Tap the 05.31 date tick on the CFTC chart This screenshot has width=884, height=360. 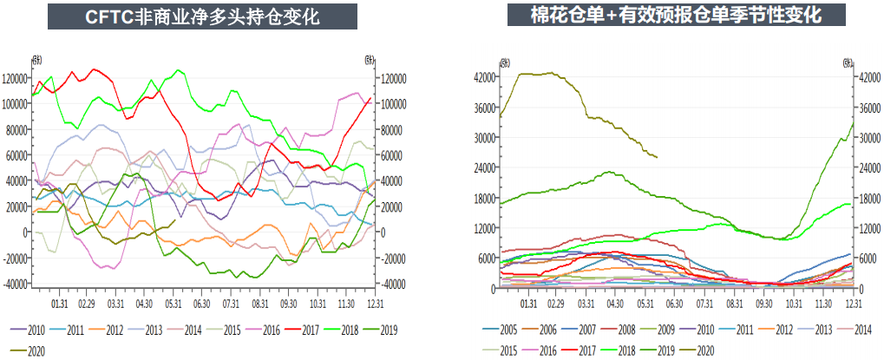click(x=174, y=304)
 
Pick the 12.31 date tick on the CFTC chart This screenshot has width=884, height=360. click(x=375, y=304)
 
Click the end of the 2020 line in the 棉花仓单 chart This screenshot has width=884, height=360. click(x=657, y=157)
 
